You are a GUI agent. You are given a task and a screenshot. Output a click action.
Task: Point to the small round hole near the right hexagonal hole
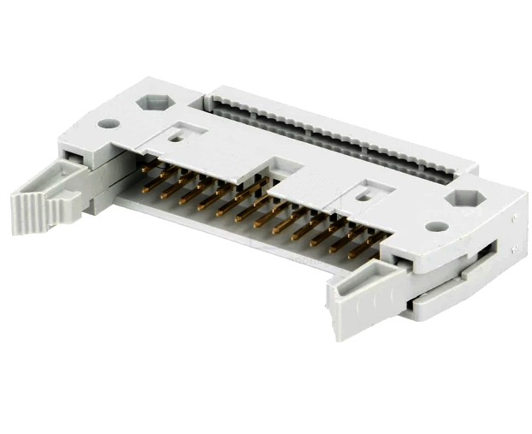[x=436, y=228]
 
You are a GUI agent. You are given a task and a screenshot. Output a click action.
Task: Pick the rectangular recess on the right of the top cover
[x=364, y=193]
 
